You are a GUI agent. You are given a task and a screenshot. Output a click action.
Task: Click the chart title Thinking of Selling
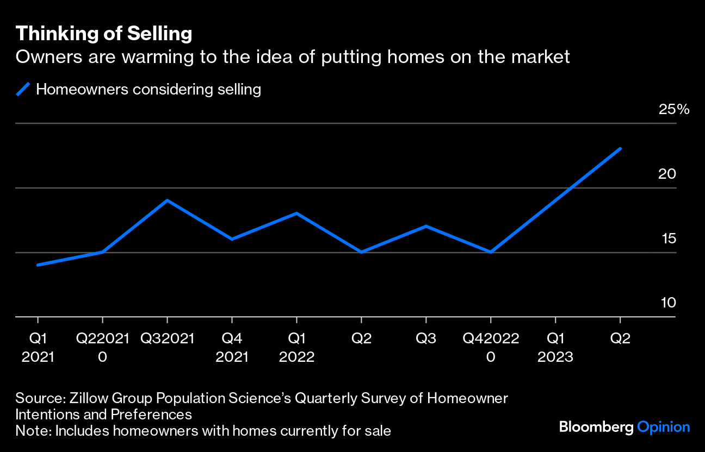click(x=104, y=34)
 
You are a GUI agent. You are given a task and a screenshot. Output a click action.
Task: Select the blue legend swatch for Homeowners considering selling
click(x=22, y=89)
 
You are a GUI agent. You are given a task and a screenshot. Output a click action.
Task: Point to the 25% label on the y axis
click(x=673, y=109)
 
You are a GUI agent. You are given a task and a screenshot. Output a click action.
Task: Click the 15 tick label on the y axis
click(x=668, y=238)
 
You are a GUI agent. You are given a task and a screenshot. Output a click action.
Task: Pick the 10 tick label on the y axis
click(x=668, y=303)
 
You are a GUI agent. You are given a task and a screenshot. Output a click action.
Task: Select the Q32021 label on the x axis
click(x=167, y=339)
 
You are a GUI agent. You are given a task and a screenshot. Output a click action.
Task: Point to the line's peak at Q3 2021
click(x=167, y=200)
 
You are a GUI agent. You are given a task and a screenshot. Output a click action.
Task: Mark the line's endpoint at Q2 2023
click(x=620, y=148)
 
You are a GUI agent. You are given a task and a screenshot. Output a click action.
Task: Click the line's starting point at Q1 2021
click(x=38, y=265)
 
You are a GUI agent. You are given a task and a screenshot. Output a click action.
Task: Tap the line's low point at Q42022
click(x=491, y=252)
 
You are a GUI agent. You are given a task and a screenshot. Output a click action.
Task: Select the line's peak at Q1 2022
click(x=296, y=213)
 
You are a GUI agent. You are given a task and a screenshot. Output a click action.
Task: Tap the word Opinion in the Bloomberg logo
click(x=663, y=427)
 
